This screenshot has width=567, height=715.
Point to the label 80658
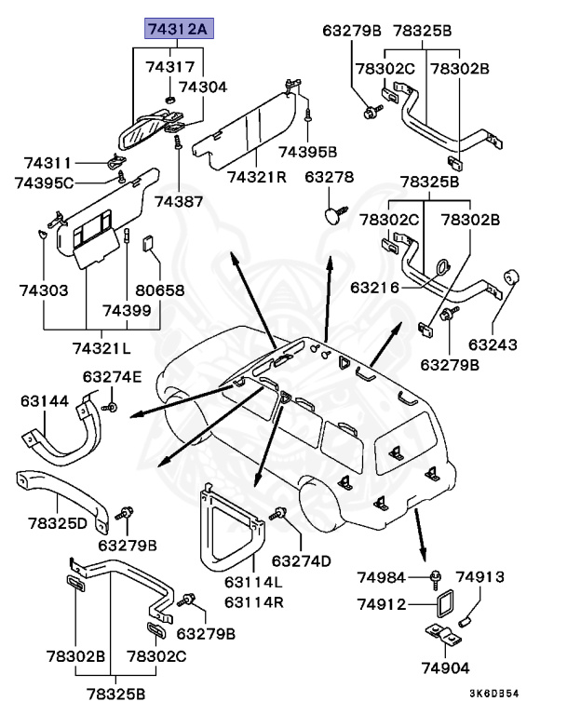159,290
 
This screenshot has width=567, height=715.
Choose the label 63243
493,345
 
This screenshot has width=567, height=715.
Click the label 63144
45,401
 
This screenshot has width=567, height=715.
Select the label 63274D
302,560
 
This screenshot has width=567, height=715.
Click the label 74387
177,201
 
